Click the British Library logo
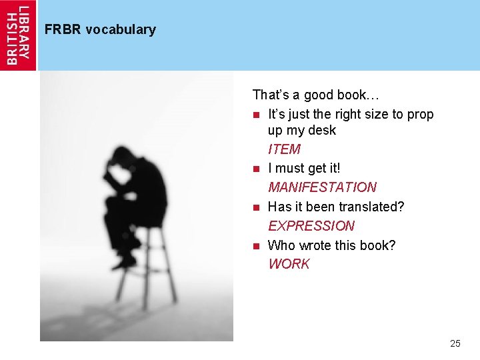18,35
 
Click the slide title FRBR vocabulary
100,29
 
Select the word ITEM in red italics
284,149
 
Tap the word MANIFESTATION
322,187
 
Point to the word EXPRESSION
311,225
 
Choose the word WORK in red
289,263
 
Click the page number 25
455,343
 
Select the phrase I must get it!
304,168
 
